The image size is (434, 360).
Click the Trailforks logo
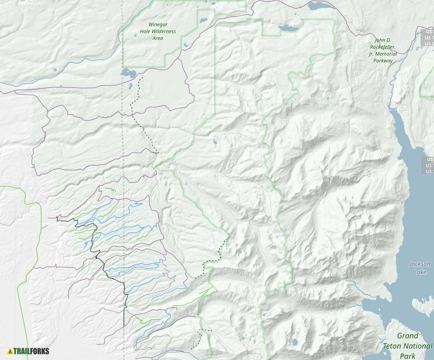pyautogui.click(x=28, y=351)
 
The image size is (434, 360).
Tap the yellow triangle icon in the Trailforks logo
pyautogui.click(x=10, y=351)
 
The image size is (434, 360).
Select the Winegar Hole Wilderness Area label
pyautogui.click(x=158, y=31)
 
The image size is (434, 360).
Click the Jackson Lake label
pyautogui.click(x=420, y=268)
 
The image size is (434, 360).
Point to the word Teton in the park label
pyautogui.click(x=408, y=346)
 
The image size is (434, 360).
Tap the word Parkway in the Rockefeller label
pyautogui.click(x=383, y=60)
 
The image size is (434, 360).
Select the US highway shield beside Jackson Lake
pyautogui.click(x=428, y=165)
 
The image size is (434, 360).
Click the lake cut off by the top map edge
pyautogui.click(x=320, y=6)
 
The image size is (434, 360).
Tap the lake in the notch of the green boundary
pyautogui.click(x=288, y=29)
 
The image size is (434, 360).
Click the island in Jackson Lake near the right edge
pyautogui.click(x=423, y=305)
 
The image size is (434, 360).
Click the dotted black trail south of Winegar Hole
pyautogui.click(x=138, y=112)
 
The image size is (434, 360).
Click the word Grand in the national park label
pyautogui.click(x=408, y=336)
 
